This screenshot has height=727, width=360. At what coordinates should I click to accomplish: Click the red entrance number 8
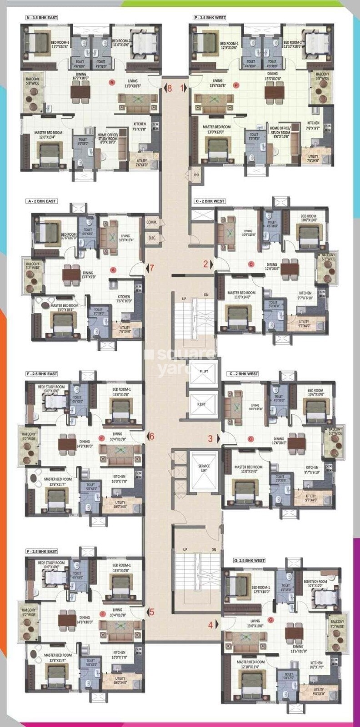coord(170,88)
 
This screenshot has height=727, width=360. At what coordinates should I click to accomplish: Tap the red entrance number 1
coord(183,88)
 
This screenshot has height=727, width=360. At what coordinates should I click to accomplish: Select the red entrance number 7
coord(152,268)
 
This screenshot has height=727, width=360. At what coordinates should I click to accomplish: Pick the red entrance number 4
coord(210,625)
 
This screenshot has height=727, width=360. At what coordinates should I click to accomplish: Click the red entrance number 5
coord(152,612)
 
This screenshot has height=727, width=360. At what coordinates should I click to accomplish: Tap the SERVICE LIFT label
coord(204,468)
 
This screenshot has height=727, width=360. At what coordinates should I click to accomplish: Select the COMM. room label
coord(151,222)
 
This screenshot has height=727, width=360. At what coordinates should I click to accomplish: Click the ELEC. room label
coord(152,238)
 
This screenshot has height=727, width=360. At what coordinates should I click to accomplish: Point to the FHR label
coord(196,174)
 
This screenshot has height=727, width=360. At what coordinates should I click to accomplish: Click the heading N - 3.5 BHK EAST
coord(42,18)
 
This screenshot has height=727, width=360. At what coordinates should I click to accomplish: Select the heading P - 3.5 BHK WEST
coord(210,18)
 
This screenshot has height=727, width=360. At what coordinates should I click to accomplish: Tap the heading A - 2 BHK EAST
coord(41,201)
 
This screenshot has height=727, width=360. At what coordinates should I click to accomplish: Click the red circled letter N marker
coord(111,82)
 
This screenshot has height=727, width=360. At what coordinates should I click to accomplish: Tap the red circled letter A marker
coord(114,269)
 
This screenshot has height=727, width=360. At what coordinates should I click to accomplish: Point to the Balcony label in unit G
coord(337,624)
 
